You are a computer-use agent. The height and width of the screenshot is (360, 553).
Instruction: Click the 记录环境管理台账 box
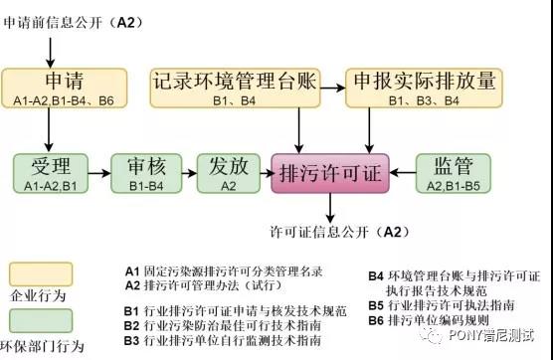coord(236,88)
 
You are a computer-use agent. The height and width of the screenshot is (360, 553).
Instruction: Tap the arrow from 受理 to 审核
coord(97,173)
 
